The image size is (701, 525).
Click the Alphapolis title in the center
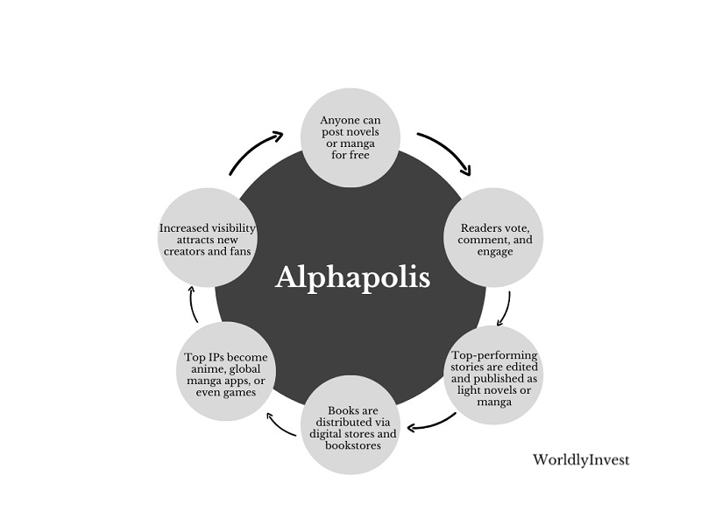click(352, 277)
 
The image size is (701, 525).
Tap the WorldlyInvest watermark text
click(580, 459)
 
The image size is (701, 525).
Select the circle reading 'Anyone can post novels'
click(350, 136)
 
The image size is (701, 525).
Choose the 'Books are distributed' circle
click(350, 426)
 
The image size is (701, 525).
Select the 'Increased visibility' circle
click(207, 239)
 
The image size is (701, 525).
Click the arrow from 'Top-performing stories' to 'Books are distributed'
click(432, 423)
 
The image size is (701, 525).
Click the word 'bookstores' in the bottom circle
click(350, 446)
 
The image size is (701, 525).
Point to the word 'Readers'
click(478, 227)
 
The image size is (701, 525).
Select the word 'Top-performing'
click(494, 355)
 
